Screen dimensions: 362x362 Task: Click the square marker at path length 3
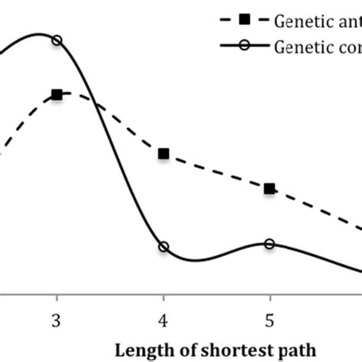coord(57,95)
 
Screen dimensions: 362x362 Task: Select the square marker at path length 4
coord(163,154)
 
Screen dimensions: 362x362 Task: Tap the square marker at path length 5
coord(270,189)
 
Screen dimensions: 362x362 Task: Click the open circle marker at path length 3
coord(57,40)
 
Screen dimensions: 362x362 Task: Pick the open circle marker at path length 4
coord(163,247)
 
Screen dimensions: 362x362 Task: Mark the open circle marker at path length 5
coord(270,244)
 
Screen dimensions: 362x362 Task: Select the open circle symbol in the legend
coord(244,46)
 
